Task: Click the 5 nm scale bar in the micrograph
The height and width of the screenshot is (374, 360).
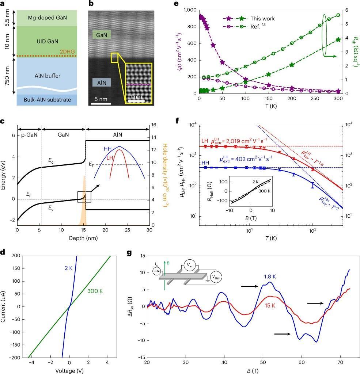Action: click(x=101, y=100)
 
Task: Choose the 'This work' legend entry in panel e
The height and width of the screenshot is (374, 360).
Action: click(x=262, y=18)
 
